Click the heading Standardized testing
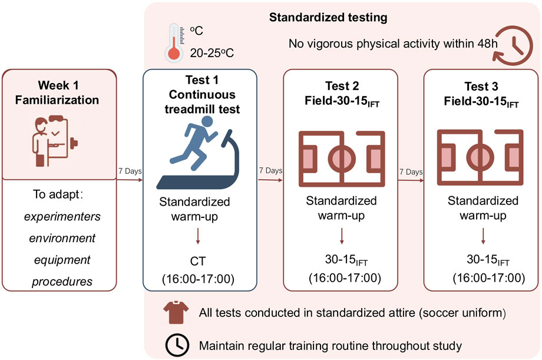click(328, 18)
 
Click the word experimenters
click(62, 216)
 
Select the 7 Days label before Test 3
click(410, 172)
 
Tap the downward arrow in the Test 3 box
click(483, 236)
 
